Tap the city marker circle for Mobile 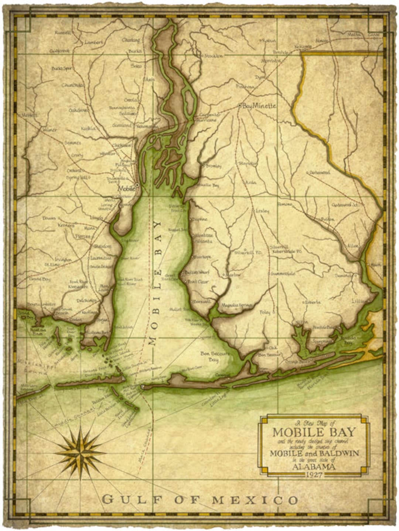pyautogui.click(x=137, y=184)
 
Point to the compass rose pyautogui.click(x=81, y=451)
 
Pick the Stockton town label pyautogui.click(x=213, y=56)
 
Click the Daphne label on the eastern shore pyautogui.click(x=199, y=219)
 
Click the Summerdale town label pyautogui.click(x=283, y=274)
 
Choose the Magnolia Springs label pyautogui.click(x=236, y=305)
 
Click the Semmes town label pyautogui.click(x=72, y=143)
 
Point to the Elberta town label pyautogui.click(x=313, y=302)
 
